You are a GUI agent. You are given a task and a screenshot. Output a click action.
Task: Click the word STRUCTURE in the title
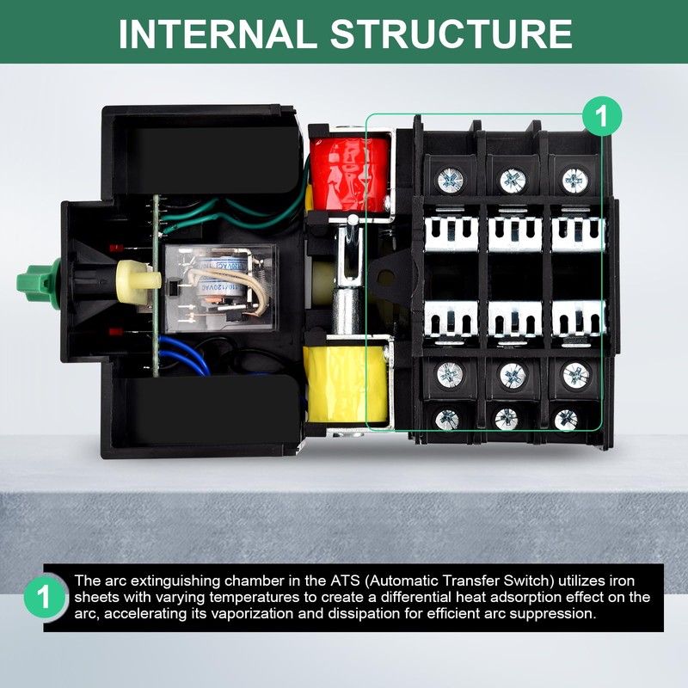click(x=451, y=34)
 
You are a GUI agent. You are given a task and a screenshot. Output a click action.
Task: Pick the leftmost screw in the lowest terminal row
click(x=446, y=419)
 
